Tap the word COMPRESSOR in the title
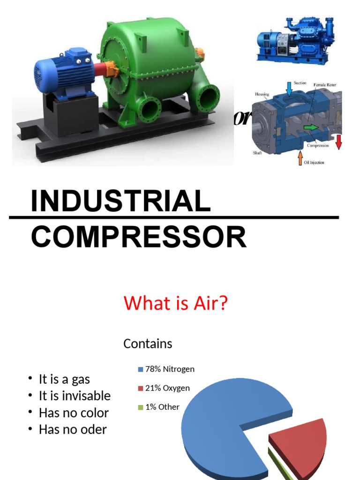click(139, 237)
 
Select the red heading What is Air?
click(176, 303)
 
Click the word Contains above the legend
click(148, 344)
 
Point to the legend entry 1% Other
click(162, 407)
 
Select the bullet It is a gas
click(64, 379)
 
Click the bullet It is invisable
click(75, 396)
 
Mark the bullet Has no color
click(74, 413)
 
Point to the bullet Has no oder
click(73, 429)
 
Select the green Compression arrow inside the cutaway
click(310, 127)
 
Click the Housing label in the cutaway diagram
click(262, 94)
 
